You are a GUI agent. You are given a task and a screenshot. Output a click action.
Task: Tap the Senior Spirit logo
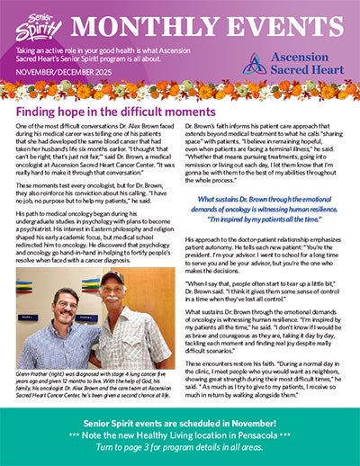click(31, 23)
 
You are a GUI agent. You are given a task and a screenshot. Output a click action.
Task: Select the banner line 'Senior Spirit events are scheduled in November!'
click(179, 422)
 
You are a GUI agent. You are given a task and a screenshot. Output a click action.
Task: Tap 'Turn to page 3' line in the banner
click(179, 447)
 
